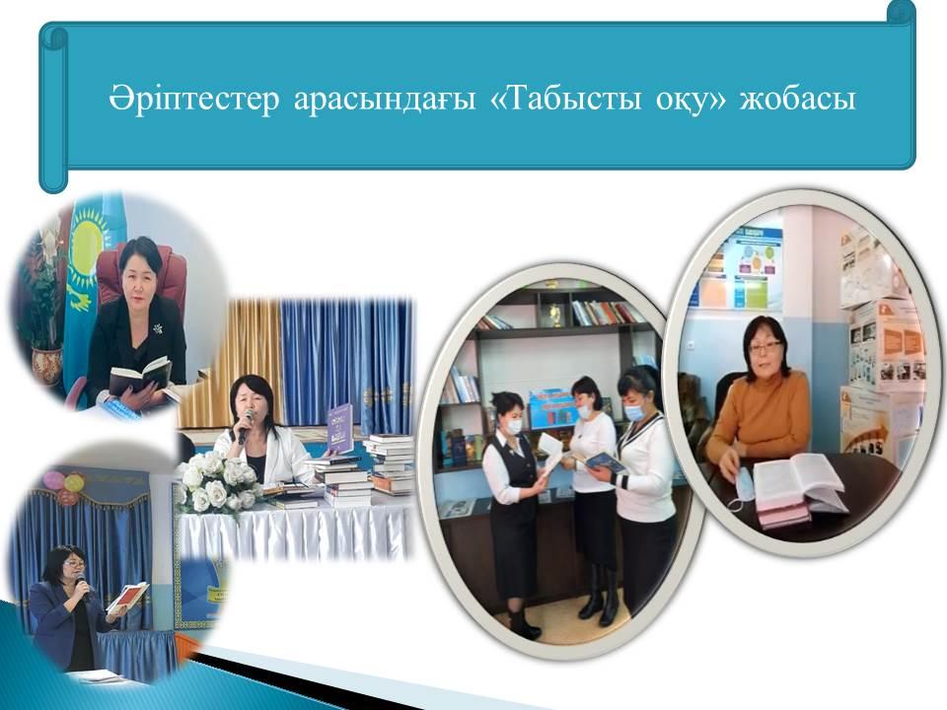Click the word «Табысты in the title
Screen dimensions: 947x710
click(x=566, y=99)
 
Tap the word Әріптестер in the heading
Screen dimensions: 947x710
click(x=194, y=100)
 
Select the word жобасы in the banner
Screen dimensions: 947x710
click(x=798, y=100)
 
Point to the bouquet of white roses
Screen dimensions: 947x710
click(x=219, y=482)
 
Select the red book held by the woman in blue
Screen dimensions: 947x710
click(x=126, y=596)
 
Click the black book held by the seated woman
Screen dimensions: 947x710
click(x=140, y=373)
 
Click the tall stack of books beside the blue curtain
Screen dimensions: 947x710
click(x=391, y=461)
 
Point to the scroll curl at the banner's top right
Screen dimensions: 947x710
click(x=901, y=12)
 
